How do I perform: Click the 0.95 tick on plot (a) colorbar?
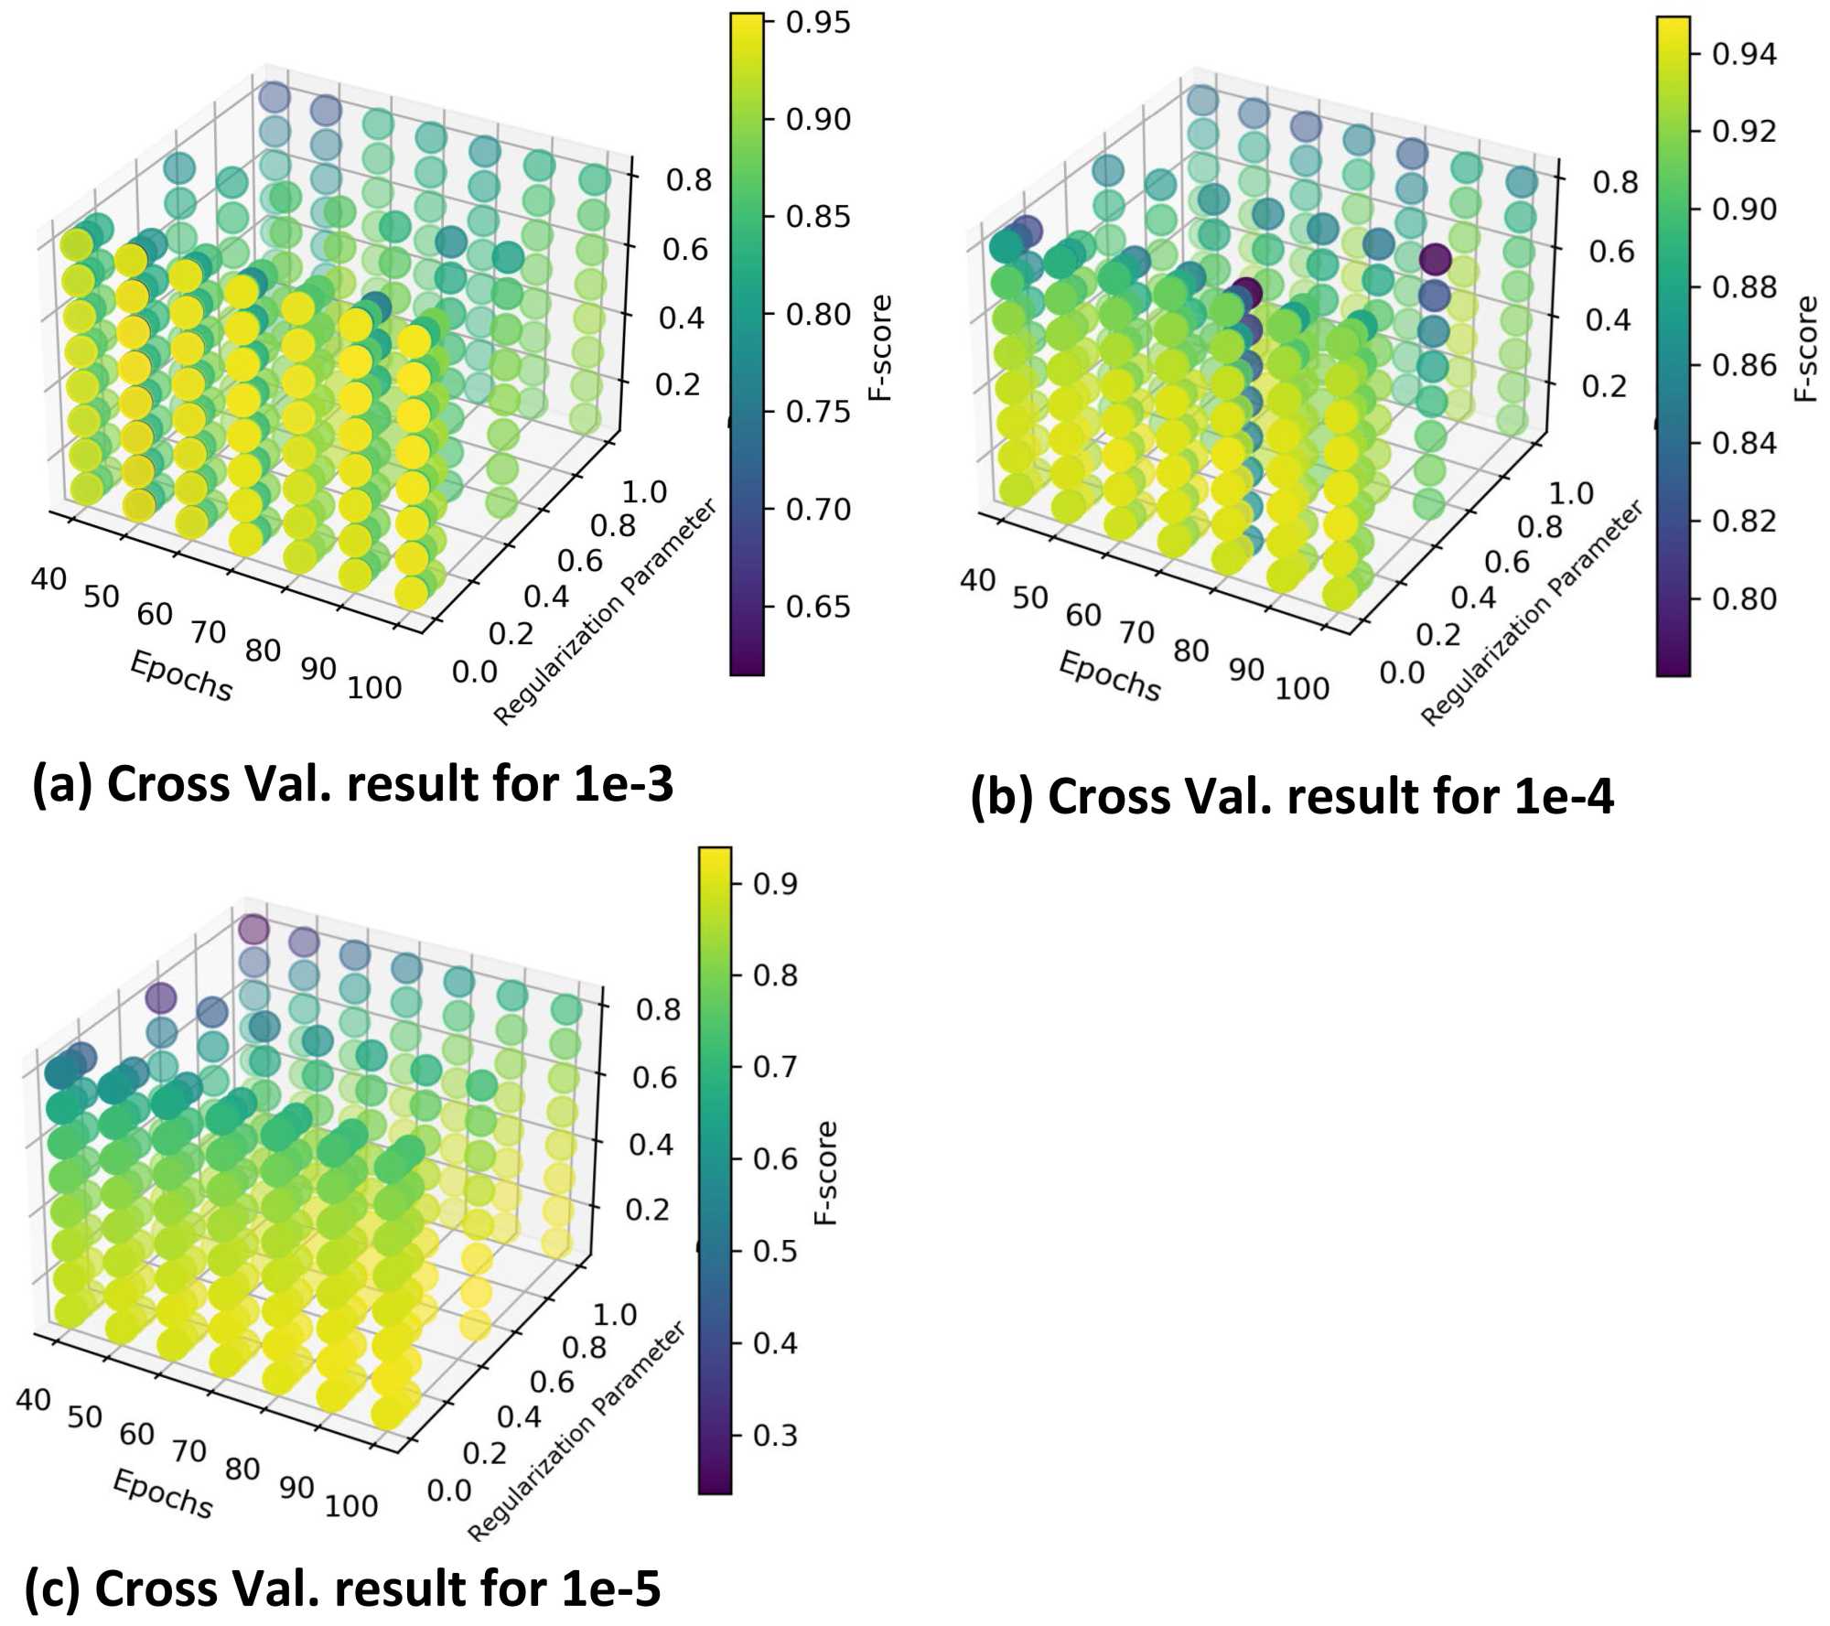pyautogui.click(x=817, y=23)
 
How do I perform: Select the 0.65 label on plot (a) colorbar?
pyautogui.click(x=817, y=607)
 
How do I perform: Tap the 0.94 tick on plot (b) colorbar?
pyautogui.click(x=1744, y=54)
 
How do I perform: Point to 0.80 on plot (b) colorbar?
pyautogui.click(x=1744, y=599)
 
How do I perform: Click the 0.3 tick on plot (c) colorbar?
pyautogui.click(x=774, y=1435)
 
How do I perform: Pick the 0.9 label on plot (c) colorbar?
pyautogui.click(x=774, y=884)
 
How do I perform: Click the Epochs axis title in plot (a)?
pyautogui.click(x=181, y=676)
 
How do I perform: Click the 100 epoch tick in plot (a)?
pyautogui.click(x=374, y=687)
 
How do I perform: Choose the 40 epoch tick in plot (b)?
pyautogui.click(x=977, y=580)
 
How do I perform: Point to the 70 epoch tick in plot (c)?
pyautogui.click(x=189, y=1450)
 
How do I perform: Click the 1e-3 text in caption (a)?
pyautogui.click(x=623, y=784)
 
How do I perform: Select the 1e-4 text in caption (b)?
pyautogui.click(x=1564, y=796)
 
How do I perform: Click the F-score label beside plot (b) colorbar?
pyautogui.click(x=1805, y=349)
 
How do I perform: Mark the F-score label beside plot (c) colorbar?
pyautogui.click(x=825, y=1173)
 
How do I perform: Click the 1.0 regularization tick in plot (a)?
pyautogui.click(x=644, y=492)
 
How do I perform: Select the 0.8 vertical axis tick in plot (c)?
pyautogui.click(x=658, y=1010)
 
